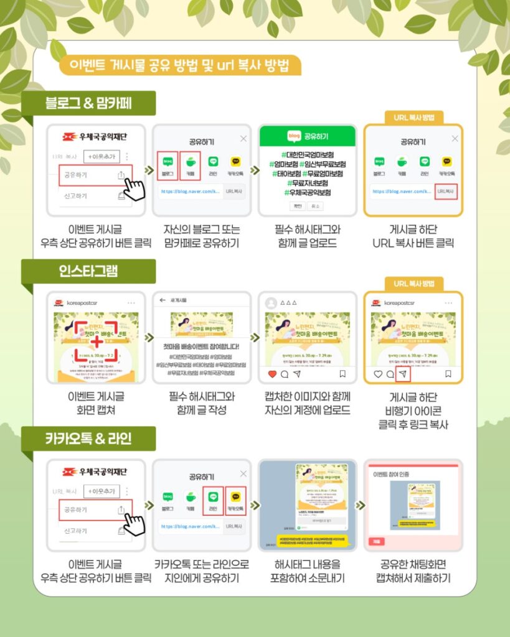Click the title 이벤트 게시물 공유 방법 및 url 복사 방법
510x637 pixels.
pyautogui.click(x=180, y=65)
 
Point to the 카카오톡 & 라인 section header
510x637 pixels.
pyautogui.click(x=88, y=439)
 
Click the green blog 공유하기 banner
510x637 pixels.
pyautogui.click(x=307, y=136)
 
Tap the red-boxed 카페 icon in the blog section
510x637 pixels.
pyautogui.click(x=190, y=164)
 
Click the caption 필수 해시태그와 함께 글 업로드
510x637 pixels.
pyautogui.click(x=308, y=236)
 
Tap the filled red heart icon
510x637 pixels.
pyautogui.click(x=271, y=374)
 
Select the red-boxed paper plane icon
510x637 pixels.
pyautogui.click(x=403, y=374)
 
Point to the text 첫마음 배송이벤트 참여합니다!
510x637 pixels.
pyautogui.click(x=201, y=346)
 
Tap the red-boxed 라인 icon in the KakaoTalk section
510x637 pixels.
pyautogui.click(x=213, y=498)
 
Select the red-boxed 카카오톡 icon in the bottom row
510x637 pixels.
pyautogui.click(x=236, y=498)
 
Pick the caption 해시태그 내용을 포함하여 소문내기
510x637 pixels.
pyautogui.click(x=308, y=571)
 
